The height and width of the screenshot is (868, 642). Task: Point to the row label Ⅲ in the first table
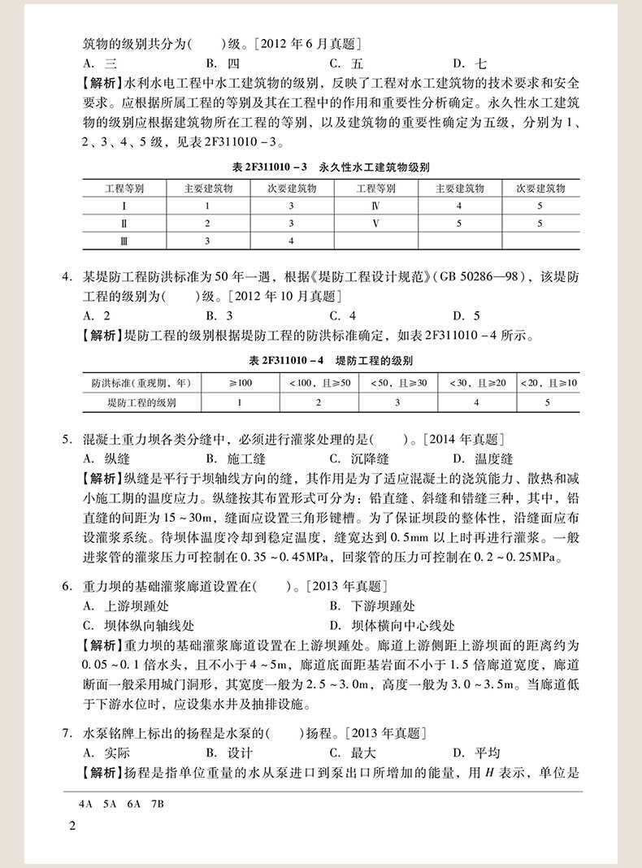(124, 241)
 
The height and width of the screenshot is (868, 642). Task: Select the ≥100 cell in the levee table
(240, 383)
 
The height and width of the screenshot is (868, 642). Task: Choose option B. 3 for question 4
(219, 315)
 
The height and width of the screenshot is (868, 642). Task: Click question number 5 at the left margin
(68, 440)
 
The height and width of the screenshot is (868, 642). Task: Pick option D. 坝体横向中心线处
(393, 626)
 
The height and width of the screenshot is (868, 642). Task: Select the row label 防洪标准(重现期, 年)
(141, 383)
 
